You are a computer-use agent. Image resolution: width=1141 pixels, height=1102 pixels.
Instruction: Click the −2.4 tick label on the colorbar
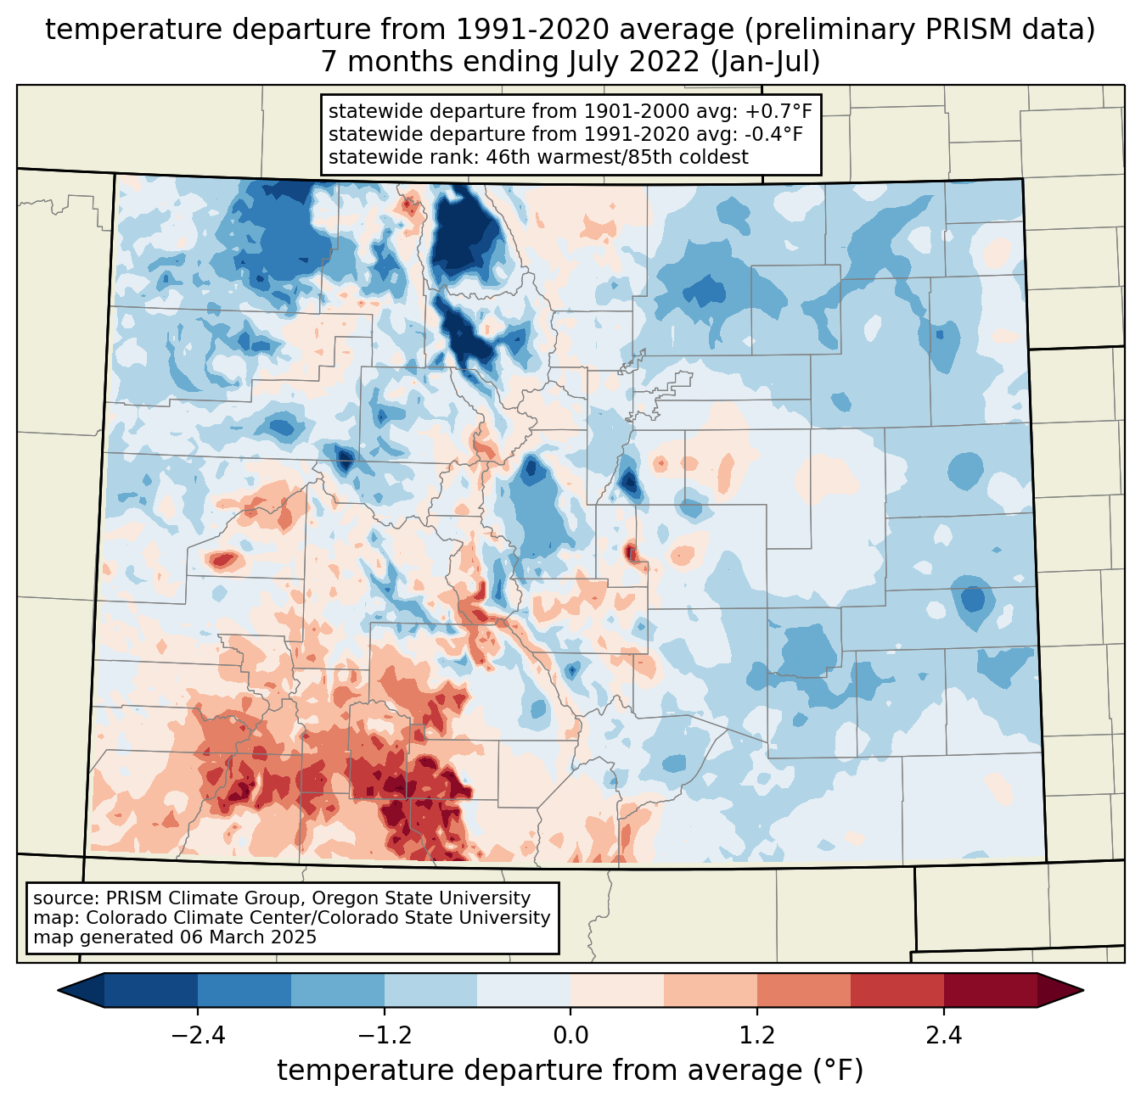coord(198,1036)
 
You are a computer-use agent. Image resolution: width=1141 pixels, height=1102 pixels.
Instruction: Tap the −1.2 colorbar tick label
coord(384,1036)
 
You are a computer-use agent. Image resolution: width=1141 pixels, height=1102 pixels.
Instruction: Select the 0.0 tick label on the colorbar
coord(570,1036)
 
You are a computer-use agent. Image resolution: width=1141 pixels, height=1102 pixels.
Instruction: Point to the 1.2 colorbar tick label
coord(757,1036)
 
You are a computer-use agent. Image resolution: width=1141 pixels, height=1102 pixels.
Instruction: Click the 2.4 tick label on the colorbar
coord(943,1036)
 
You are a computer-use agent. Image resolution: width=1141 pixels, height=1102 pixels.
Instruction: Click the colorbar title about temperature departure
coord(570,1071)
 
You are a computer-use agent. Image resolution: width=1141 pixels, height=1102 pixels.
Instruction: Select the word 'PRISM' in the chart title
coord(930,30)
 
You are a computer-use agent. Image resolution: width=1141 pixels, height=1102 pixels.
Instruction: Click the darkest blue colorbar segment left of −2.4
coord(151,990)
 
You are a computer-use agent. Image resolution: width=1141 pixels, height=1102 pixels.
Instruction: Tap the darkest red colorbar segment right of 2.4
coord(990,990)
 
